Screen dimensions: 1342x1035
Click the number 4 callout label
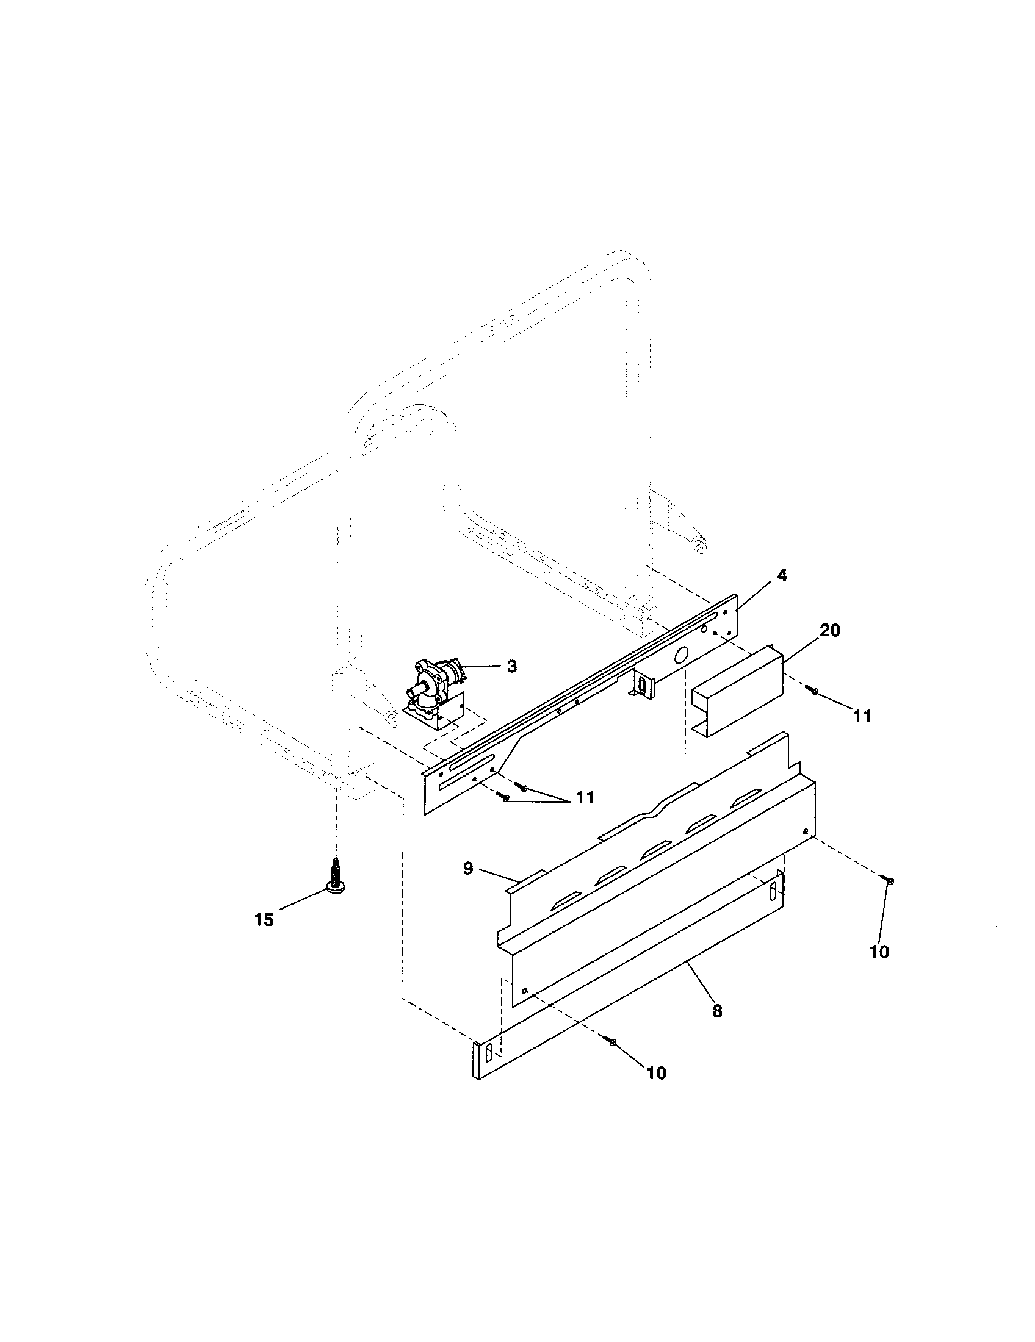(x=782, y=576)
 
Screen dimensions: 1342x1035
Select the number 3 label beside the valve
(x=512, y=666)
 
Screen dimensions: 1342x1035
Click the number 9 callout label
(x=468, y=869)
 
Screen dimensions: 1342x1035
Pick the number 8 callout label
(x=717, y=1011)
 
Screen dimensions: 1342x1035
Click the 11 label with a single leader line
(x=862, y=716)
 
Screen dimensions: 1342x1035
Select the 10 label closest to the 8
(x=657, y=1073)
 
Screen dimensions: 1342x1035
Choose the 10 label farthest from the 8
(x=879, y=952)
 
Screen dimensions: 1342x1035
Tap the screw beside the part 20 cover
(x=814, y=692)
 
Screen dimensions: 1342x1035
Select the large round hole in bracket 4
(x=681, y=656)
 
